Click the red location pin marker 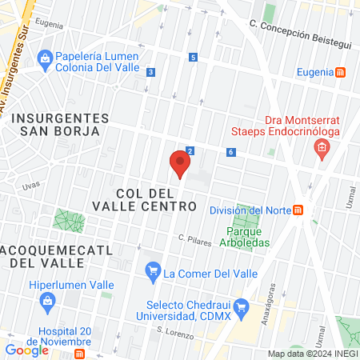click(180, 165)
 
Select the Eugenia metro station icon click(342, 72)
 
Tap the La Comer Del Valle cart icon click(152, 273)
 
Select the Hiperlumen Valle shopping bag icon click(46, 302)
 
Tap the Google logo click(26, 350)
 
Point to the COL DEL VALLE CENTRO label click(156, 200)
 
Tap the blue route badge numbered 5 click(193, 57)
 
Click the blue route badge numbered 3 click(150, 72)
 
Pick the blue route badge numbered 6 click(230, 152)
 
